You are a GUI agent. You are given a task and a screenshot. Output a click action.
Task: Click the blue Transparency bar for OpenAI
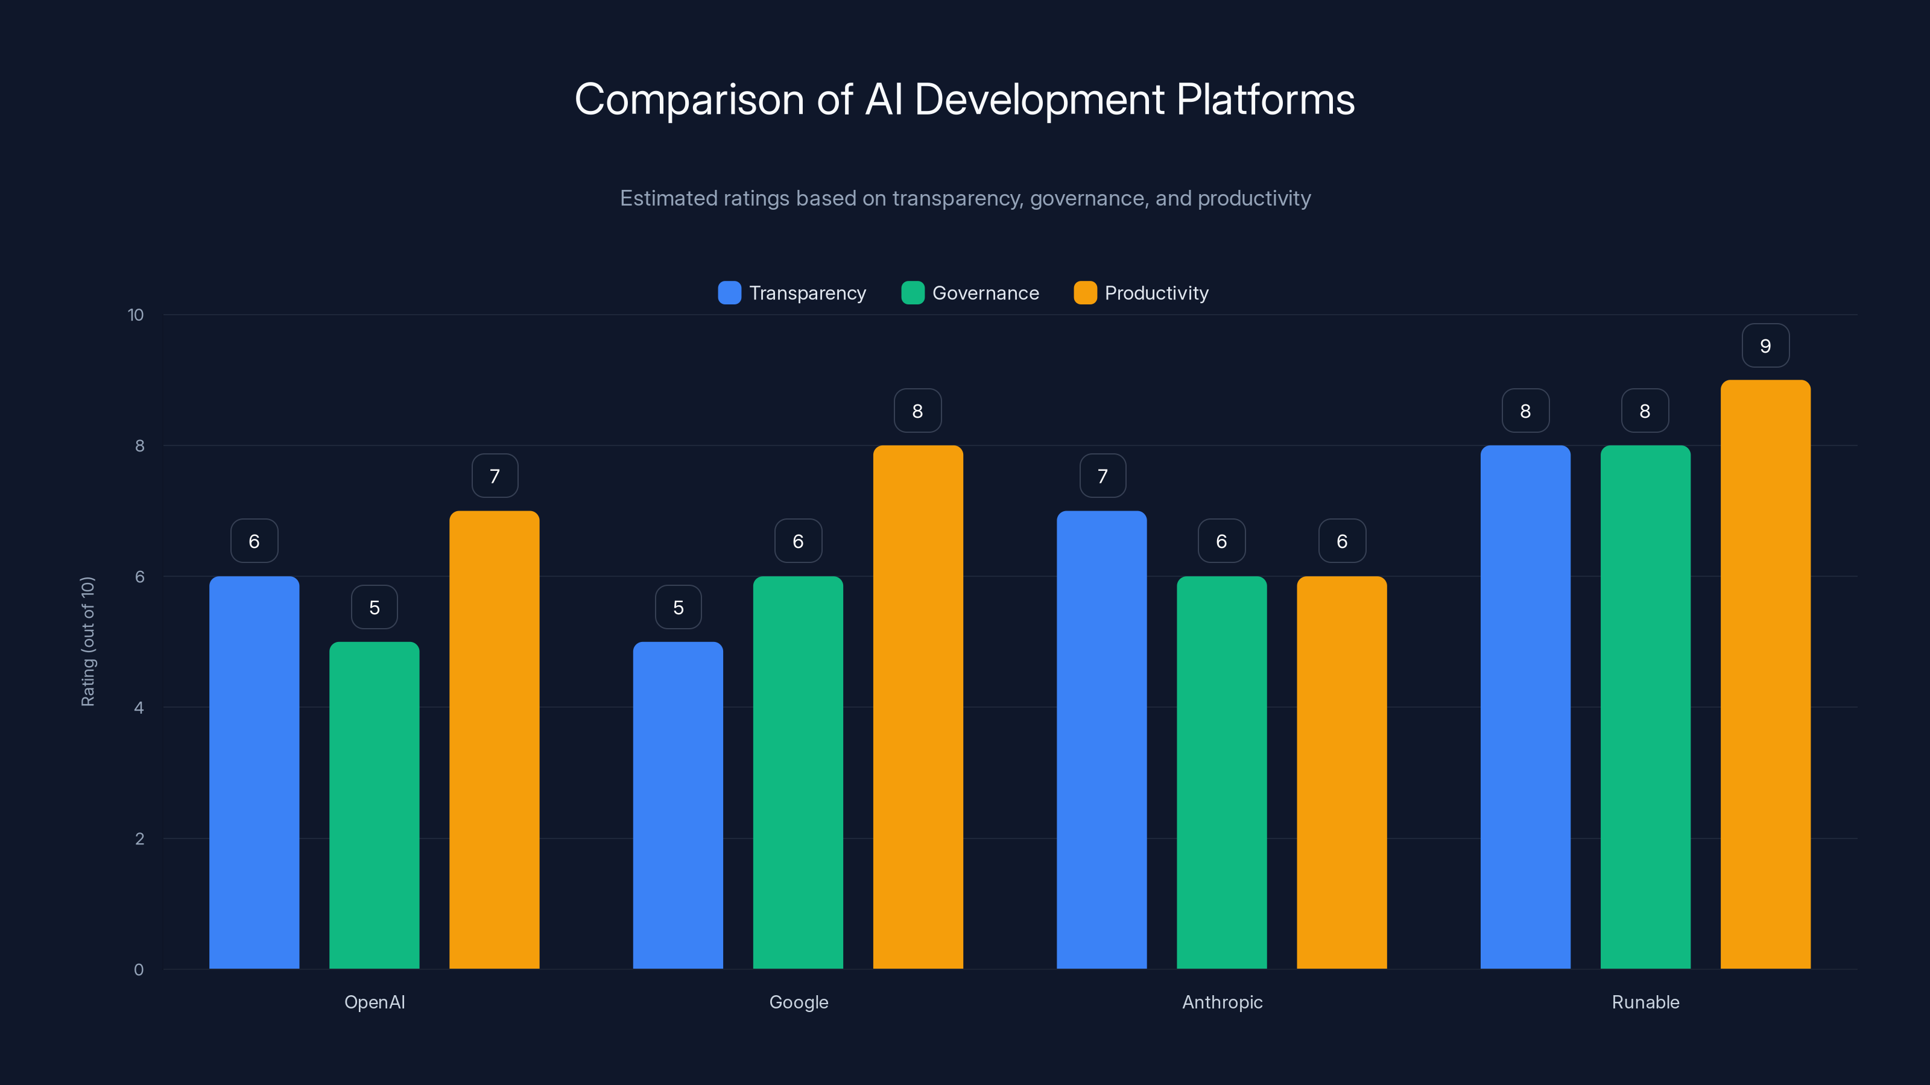254,772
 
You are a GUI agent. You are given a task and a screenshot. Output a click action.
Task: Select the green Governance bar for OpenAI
374,805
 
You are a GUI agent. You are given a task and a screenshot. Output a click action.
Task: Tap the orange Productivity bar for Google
918,707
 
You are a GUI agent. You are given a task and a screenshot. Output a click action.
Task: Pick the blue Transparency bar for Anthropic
1101,740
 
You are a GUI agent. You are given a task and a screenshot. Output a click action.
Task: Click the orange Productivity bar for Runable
1765,674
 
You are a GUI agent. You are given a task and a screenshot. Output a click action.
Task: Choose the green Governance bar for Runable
1645,707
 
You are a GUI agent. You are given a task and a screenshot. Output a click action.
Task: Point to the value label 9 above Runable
1765,346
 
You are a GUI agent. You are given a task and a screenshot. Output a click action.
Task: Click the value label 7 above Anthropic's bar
1102,476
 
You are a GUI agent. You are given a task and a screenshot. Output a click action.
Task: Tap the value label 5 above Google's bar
678,607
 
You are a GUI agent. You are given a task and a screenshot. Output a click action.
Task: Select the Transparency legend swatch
729,293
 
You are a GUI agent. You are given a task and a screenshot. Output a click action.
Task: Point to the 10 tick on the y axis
136,315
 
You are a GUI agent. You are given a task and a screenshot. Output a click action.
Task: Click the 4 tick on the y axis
139,708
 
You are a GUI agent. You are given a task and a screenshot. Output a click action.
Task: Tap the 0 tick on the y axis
139,970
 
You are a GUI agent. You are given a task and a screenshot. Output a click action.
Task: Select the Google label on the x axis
799,1002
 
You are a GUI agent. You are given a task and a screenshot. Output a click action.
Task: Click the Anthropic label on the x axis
1222,1002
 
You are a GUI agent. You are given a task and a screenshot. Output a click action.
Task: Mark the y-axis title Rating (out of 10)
87,642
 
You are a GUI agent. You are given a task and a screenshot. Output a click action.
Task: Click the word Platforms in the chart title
1265,99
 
